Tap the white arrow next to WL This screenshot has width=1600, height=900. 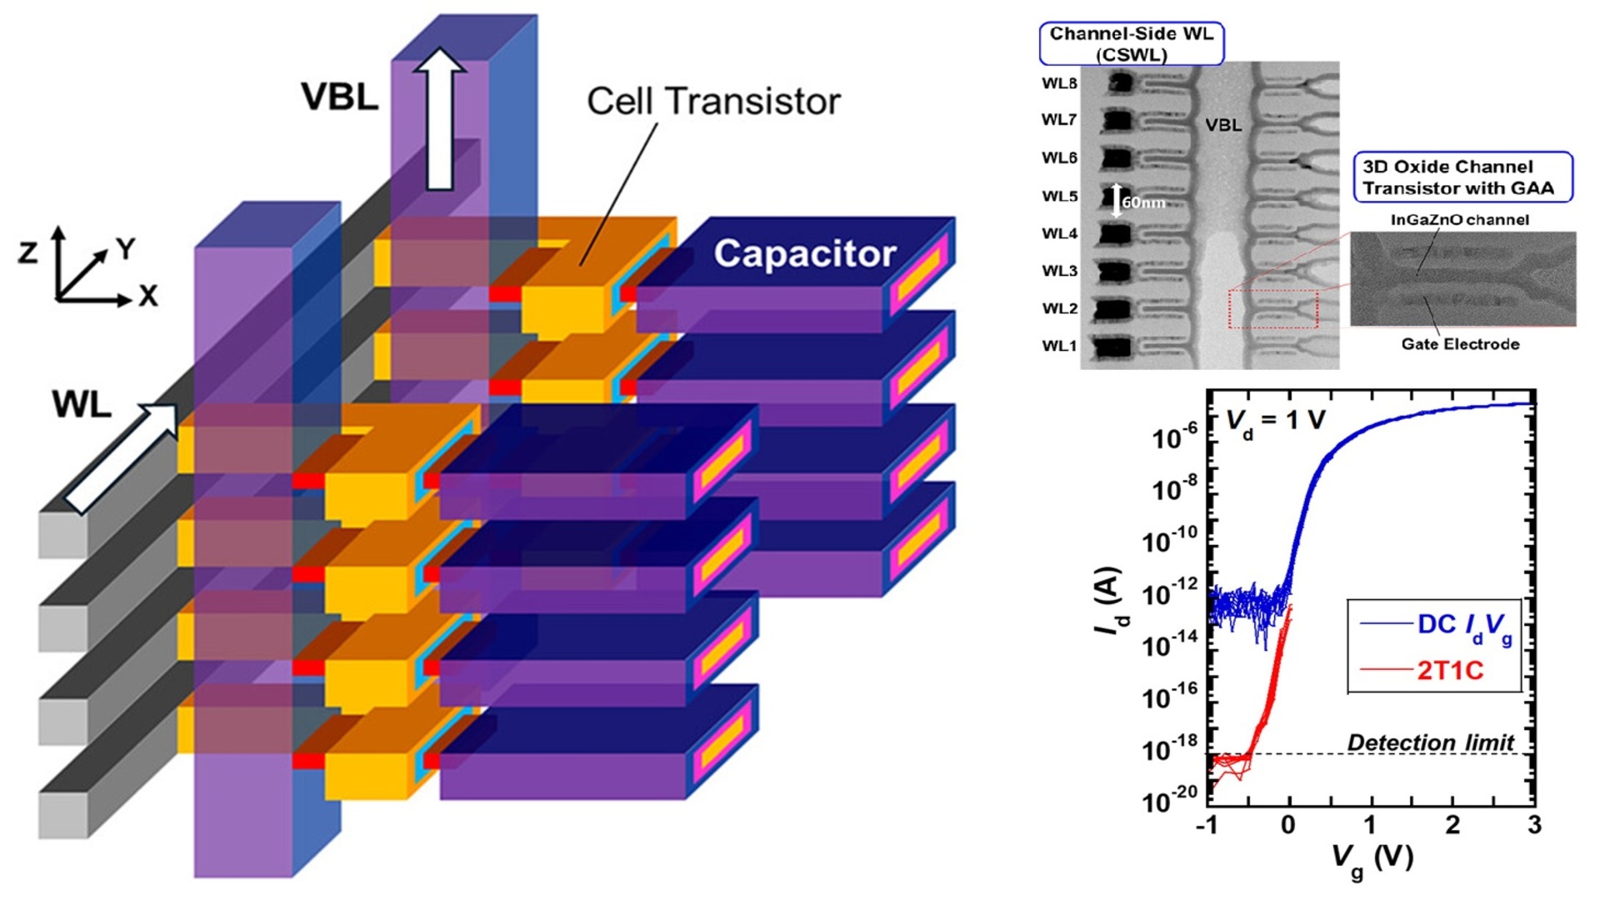click(121, 458)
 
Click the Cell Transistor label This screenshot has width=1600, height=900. click(713, 102)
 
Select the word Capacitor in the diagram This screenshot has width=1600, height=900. click(804, 254)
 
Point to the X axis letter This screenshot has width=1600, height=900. click(148, 296)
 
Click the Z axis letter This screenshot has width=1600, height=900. click(28, 252)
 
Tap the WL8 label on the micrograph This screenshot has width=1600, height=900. click(1059, 83)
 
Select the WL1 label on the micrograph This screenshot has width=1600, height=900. click(1059, 346)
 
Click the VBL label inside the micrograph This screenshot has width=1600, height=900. click(1223, 126)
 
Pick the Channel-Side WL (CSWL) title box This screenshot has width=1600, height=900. click(1131, 44)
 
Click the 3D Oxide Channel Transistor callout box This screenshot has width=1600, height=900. click(1462, 177)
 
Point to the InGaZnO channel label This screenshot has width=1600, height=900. click(1459, 220)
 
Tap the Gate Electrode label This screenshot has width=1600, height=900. click(1460, 344)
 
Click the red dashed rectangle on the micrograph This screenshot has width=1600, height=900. click(1272, 309)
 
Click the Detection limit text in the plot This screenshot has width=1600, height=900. click(1430, 742)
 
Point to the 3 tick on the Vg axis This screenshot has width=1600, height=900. click(1534, 825)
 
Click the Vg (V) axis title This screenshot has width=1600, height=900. click(1372, 858)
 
